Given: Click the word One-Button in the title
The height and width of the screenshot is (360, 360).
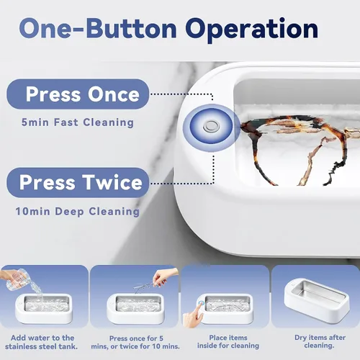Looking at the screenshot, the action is [98, 28].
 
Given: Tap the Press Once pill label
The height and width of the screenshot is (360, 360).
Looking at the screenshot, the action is [78, 94].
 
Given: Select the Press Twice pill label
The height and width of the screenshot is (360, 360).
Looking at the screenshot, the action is [78, 183].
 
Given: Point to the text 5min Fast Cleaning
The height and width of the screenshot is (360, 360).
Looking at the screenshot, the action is [78, 122].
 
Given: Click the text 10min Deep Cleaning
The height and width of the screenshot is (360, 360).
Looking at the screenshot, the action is [77, 212].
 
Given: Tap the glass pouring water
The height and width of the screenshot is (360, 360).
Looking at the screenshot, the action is [16, 279].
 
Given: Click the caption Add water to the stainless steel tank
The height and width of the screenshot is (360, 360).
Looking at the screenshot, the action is [42, 342].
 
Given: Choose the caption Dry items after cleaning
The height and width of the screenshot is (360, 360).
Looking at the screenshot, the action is [320, 341].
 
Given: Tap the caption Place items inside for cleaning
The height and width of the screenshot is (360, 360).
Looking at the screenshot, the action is [228, 341].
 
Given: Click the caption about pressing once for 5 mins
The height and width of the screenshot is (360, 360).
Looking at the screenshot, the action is [135, 342].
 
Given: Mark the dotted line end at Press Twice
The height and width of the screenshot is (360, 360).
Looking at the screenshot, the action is [150, 184].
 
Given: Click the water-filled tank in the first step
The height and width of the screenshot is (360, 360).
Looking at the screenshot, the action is [48, 304].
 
